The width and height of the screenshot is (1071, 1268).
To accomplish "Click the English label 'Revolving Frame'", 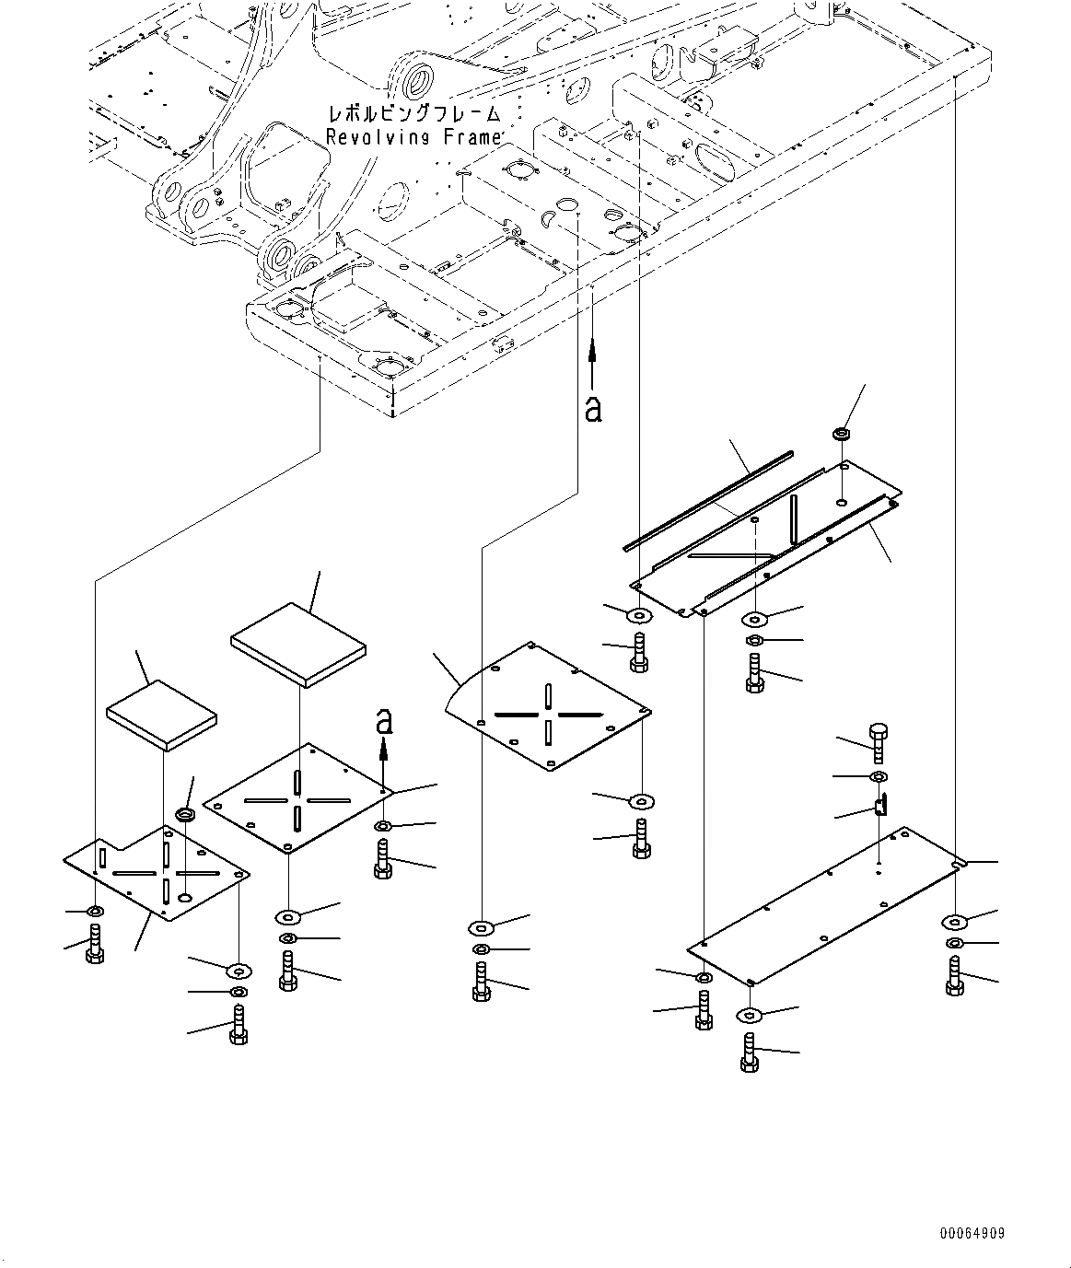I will (x=413, y=137).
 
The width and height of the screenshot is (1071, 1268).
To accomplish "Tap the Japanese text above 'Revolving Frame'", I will (x=413, y=115).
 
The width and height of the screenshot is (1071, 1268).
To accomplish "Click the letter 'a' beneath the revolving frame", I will (x=593, y=407).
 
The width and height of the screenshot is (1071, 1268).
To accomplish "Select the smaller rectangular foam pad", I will (x=161, y=715).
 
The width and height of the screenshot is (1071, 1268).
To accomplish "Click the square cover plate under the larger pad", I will (x=297, y=797).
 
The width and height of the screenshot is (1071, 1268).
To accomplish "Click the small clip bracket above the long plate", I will (x=880, y=807).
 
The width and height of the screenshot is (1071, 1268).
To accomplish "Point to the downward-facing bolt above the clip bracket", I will (x=877, y=741).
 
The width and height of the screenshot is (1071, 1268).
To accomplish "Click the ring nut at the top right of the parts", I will (x=842, y=433).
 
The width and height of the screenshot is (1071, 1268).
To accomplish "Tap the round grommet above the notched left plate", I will (x=185, y=815).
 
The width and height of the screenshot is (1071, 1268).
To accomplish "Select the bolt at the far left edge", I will (x=96, y=944).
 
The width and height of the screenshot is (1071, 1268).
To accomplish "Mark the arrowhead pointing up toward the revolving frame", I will (x=593, y=348).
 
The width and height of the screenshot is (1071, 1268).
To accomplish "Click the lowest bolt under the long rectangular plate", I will (x=749, y=1053).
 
